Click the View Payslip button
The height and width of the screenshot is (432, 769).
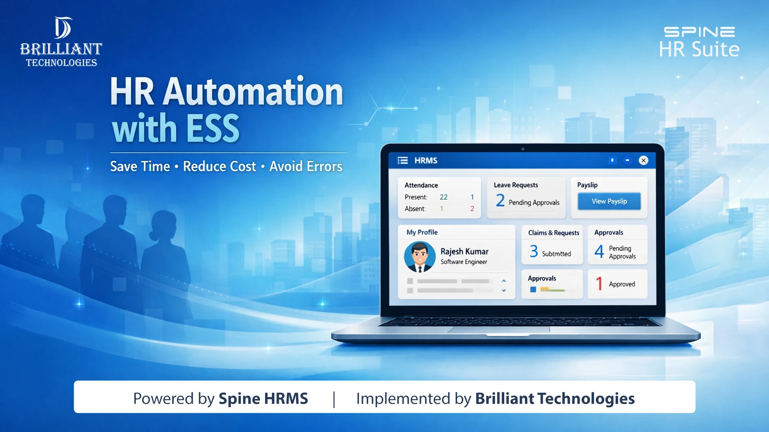(x=609, y=201)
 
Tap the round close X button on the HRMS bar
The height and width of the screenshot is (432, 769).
(x=643, y=160)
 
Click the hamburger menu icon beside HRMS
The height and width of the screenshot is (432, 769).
(x=403, y=160)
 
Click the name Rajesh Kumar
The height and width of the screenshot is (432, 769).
(x=464, y=251)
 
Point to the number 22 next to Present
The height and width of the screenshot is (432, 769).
(x=443, y=197)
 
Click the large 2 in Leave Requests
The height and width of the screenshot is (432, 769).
(x=500, y=200)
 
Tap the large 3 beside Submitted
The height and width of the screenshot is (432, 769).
(x=533, y=251)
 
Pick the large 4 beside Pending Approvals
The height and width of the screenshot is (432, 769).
(x=599, y=251)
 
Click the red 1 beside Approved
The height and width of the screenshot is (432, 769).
(x=599, y=284)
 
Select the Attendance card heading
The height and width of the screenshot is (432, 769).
(x=421, y=185)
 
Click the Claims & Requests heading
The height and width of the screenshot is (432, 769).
(x=554, y=233)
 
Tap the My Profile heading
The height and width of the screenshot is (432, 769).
(x=422, y=232)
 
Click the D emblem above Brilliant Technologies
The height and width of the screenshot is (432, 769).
(x=63, y=28)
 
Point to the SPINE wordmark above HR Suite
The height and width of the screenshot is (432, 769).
(x=699, y=32)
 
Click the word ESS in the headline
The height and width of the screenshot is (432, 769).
(x=213, y=128)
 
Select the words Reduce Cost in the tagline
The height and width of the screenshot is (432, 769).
(x=219, y=166)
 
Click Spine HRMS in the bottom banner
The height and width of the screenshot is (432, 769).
(x=263, y=398)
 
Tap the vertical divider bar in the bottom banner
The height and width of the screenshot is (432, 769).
(x=334, y=399)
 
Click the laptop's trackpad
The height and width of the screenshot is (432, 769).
(x=498, y=330)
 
